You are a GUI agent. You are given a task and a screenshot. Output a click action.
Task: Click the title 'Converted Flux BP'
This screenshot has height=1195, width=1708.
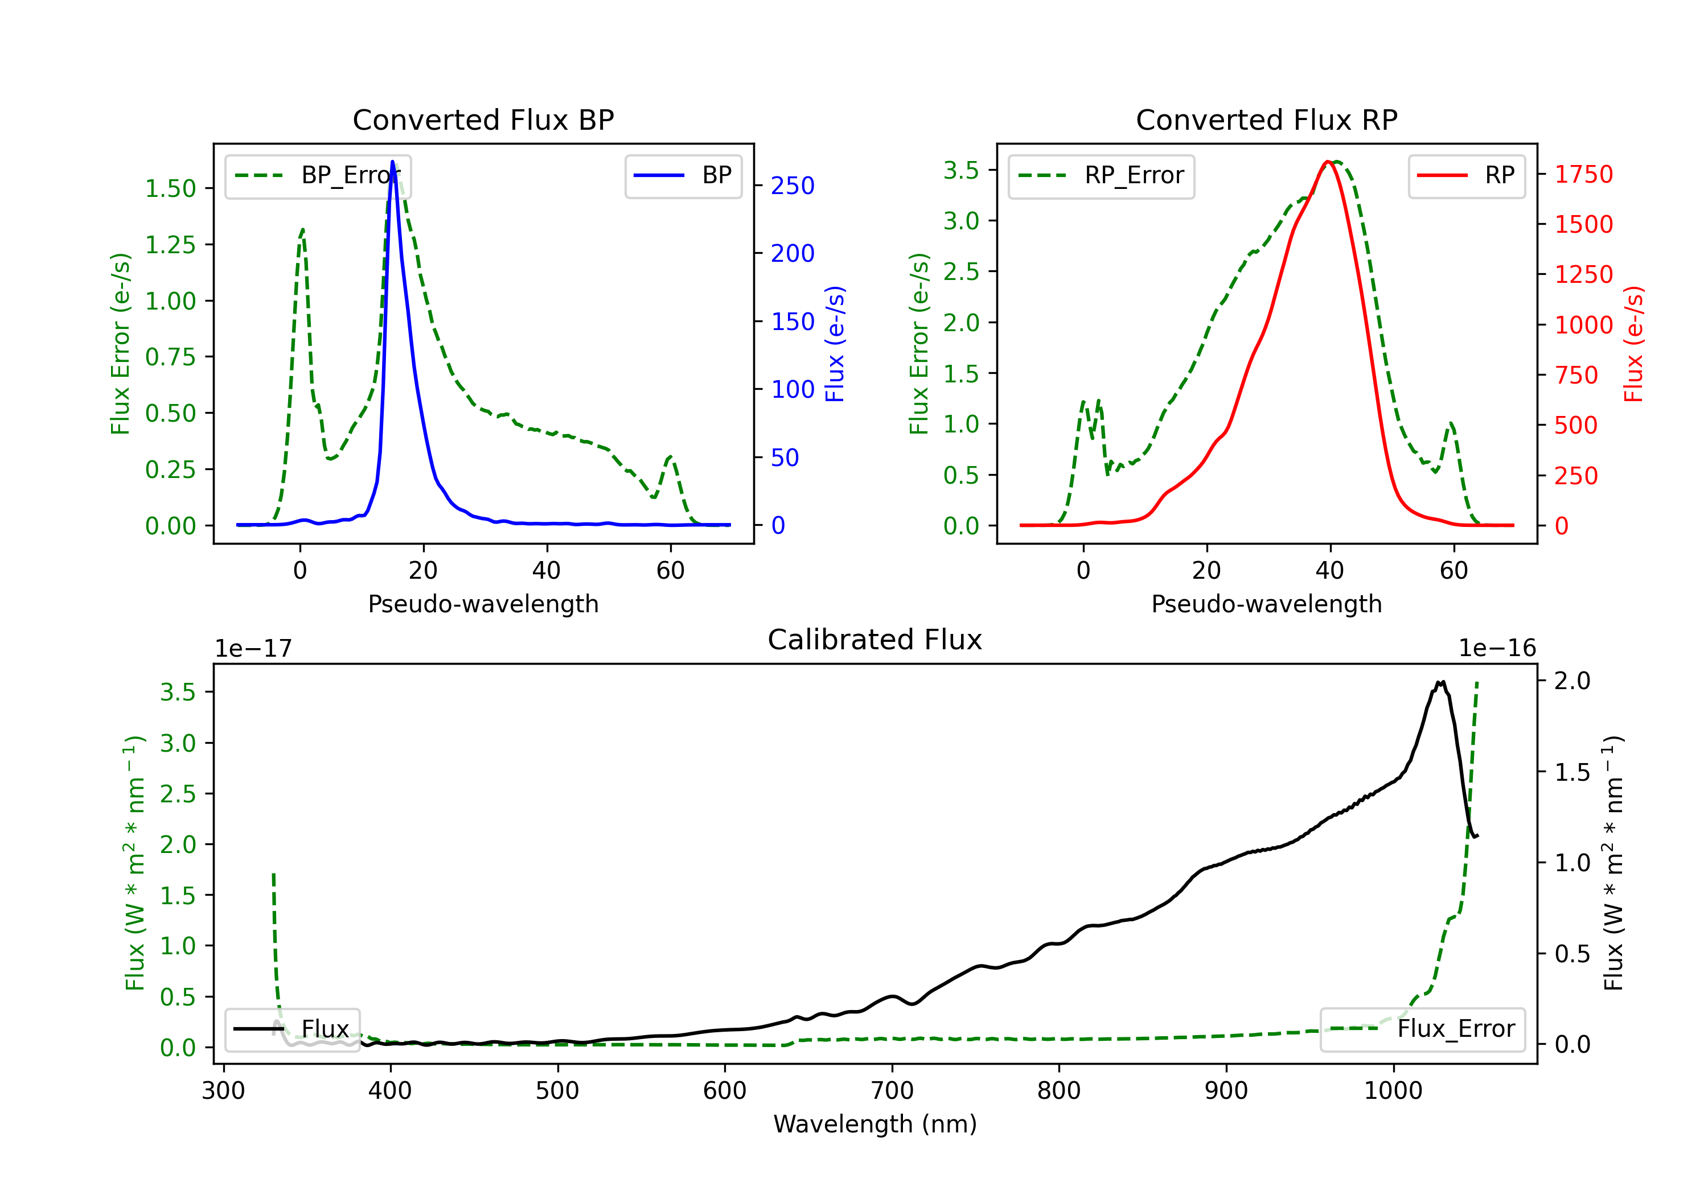(483, 119)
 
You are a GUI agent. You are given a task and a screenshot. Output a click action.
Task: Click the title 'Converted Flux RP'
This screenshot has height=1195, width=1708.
(1266, 119)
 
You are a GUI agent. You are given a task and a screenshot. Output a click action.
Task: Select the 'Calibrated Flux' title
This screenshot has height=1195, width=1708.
(875, 640)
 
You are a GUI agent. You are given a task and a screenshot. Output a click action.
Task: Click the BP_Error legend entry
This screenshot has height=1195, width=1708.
(318, 175)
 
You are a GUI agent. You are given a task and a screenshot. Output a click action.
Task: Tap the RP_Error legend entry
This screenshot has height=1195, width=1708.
(1101, 175)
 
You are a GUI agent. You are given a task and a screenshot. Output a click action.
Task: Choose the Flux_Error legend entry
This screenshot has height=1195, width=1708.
(1422, 1029)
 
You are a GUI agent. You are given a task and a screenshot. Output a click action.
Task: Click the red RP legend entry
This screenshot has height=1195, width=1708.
(1466, 175)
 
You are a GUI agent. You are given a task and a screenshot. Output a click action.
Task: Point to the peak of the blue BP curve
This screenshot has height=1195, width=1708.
(392, 162)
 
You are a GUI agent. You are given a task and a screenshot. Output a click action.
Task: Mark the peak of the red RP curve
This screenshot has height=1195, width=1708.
(1328, 162)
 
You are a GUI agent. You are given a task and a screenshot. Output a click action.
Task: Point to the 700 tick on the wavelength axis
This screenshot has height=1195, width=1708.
(892, 1091)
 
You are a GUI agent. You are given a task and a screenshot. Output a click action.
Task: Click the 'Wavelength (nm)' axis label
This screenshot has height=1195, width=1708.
(875, 1124)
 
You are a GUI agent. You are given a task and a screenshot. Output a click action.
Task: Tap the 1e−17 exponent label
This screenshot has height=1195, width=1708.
(253, 649)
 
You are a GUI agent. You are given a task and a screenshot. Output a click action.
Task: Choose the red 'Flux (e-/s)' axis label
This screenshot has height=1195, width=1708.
(1633, 344)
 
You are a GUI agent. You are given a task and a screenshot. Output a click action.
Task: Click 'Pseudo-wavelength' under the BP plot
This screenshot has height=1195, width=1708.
(483, 604)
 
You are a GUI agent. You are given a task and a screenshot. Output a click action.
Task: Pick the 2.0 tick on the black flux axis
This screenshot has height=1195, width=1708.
(1572, 681)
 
